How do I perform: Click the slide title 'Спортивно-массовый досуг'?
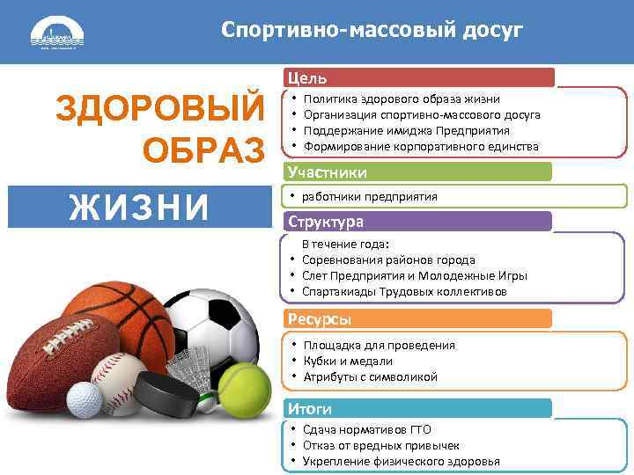(x=372, y=32)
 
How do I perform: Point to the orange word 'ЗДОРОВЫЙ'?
(x=159, y=108)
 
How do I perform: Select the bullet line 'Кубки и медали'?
(x=347, y=361)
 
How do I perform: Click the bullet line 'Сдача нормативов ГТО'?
(x=367, y=430)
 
